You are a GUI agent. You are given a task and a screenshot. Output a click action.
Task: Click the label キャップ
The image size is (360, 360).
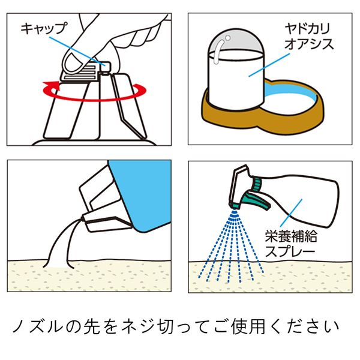44,28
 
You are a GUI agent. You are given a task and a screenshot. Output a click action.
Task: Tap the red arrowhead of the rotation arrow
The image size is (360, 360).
52,87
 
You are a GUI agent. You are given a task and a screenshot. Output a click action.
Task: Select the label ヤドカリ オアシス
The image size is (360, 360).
309,37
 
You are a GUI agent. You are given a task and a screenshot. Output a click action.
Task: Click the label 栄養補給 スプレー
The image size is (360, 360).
290,244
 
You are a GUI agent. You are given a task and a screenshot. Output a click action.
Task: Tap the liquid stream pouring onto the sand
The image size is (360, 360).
59,245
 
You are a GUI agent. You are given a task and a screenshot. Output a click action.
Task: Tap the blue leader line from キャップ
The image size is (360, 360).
77,51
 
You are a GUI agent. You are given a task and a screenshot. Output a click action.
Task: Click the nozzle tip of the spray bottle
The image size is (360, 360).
234,205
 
